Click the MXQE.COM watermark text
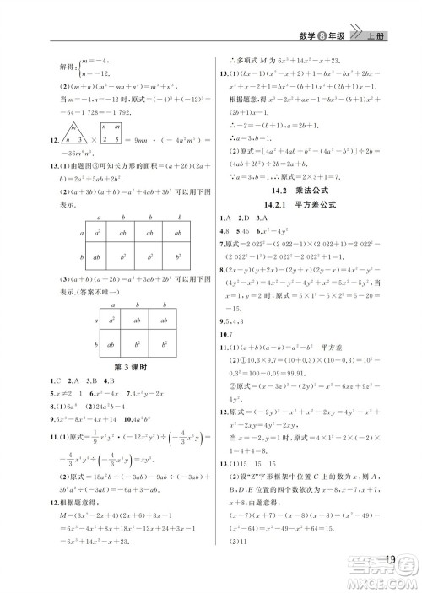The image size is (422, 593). [x=389, y=581]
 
